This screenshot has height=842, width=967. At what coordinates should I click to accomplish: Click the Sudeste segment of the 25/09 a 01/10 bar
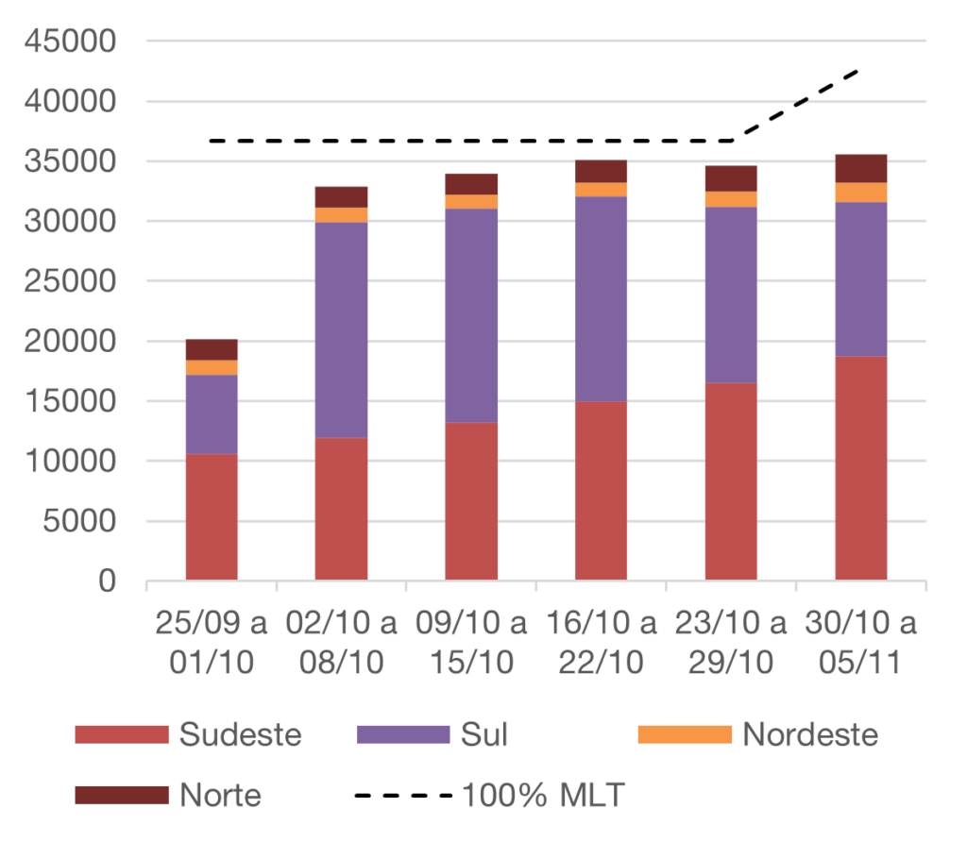[212, 516]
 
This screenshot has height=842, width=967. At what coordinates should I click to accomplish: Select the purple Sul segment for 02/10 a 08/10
[342, 329]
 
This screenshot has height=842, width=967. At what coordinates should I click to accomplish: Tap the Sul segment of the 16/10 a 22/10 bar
[602, 298]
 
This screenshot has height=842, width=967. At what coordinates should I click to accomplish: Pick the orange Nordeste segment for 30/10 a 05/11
[861, 193]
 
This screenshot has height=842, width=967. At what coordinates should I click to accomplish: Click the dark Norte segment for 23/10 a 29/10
[731, 178]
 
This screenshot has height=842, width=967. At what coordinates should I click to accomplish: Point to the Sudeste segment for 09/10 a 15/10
[471, 500]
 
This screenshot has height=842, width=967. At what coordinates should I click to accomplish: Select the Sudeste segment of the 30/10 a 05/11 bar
[861, 467]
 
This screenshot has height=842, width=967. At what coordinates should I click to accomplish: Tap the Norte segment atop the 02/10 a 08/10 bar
[342, 196]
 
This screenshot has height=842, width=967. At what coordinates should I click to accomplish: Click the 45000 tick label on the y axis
[72, 42]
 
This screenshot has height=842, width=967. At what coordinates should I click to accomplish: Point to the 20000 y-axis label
[72, 342]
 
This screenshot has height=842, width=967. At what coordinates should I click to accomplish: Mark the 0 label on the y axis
[107, 581]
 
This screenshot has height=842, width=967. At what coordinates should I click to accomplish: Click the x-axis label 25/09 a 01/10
[212, 643]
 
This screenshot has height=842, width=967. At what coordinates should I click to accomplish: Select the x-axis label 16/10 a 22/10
[602, 643]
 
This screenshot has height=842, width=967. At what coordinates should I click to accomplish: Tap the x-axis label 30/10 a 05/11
[861, 643]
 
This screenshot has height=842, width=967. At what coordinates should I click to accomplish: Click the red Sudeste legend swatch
[122, 734]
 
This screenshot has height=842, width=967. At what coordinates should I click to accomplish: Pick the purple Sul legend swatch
[404, 734]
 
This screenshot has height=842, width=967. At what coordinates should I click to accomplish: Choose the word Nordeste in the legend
[810, 734]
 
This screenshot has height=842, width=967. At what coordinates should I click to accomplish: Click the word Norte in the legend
[220, 795]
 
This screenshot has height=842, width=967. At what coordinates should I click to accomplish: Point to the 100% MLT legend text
[543, 795]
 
